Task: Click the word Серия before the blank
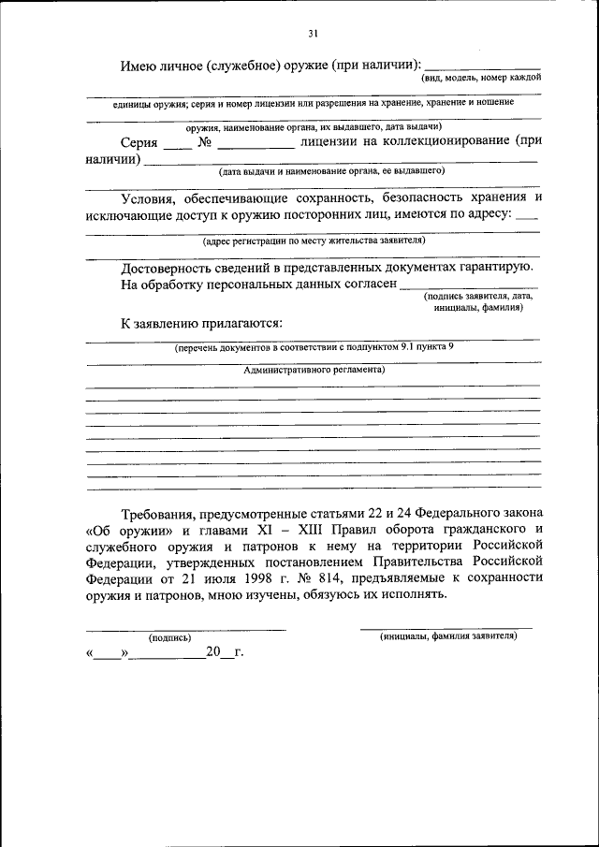139,144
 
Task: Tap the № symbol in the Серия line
206,144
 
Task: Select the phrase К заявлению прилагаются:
200,323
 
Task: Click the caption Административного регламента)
314,369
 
